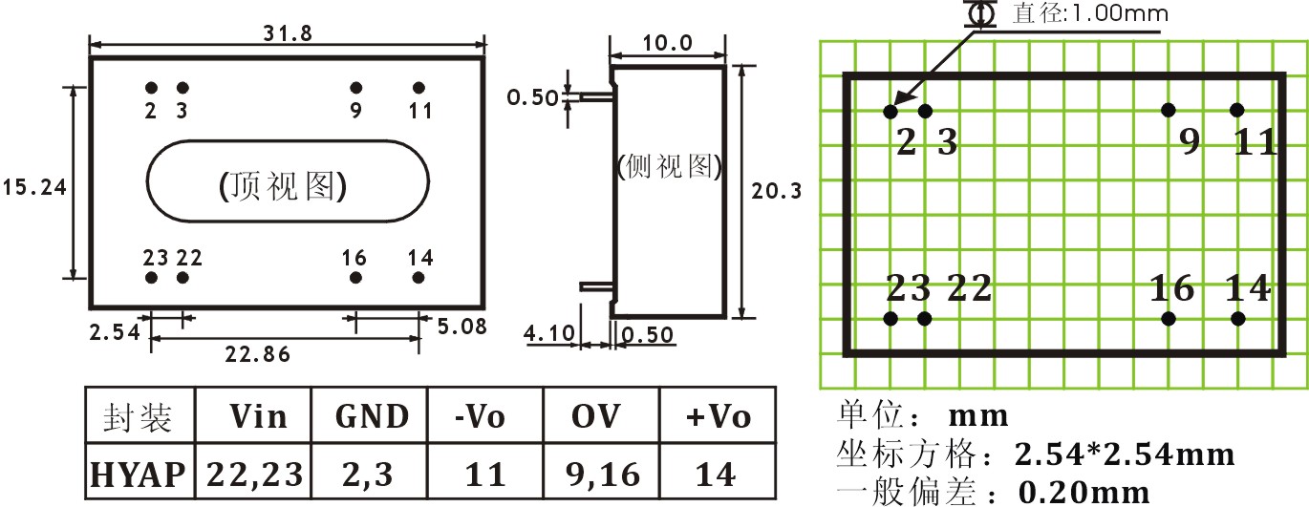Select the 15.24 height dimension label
[33, 187]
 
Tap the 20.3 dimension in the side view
[777, 191]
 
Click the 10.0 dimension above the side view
[666, 43]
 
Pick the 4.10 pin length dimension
[548, 333]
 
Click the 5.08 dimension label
[461, 327]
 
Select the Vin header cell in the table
[257, 417]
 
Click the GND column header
[373, 417]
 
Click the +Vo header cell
[719, 417]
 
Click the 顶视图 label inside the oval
[283, 186]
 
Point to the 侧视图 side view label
[669, 167]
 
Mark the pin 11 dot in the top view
[418, 88]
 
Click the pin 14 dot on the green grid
[1237, 319]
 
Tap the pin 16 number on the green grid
[1172, 287]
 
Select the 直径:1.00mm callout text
[1090, 14]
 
